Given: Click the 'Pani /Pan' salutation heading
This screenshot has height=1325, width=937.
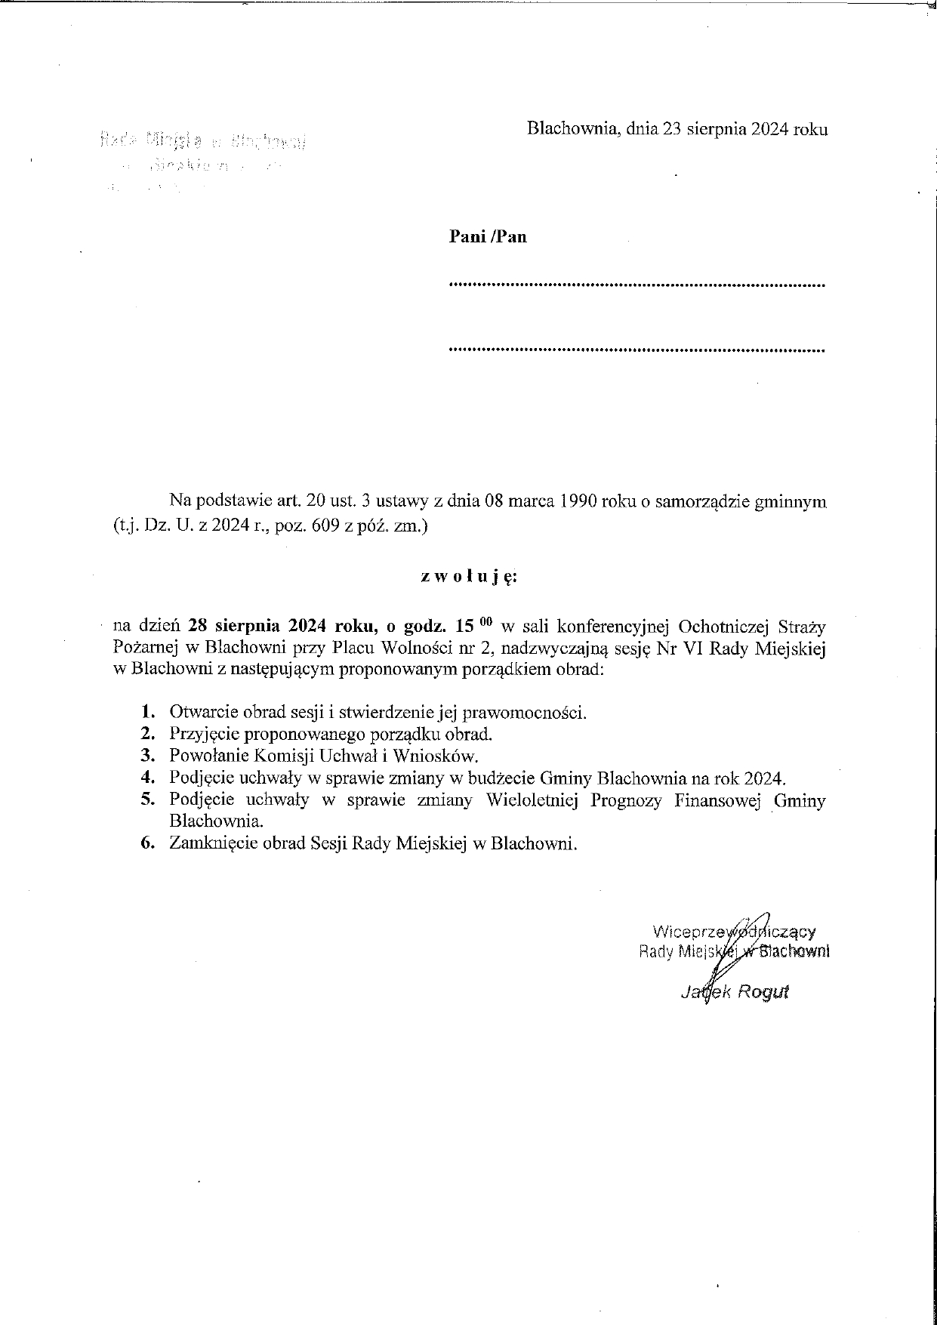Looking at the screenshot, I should coord(488,237).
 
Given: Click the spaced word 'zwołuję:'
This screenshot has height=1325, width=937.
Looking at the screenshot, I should coord(468,578).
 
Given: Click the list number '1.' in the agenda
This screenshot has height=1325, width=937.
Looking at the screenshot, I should coord(148,711).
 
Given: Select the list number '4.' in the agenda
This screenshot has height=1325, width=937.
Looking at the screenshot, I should coord(148,778).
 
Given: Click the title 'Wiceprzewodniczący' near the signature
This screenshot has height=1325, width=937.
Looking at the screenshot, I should coord(733,932).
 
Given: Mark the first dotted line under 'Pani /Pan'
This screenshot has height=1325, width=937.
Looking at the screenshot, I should coord(636,285).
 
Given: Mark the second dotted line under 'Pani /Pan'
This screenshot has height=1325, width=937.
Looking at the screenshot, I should coord(636,350).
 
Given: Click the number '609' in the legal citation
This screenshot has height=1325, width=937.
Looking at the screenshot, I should coord(327,528).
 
